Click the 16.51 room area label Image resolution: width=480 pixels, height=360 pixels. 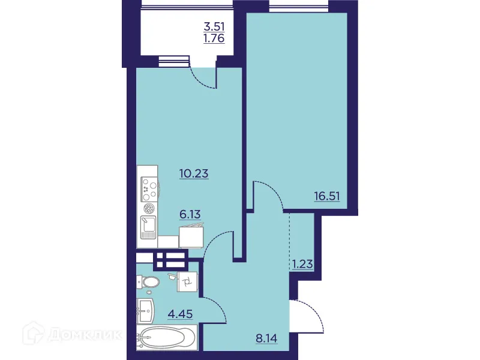(326, 195)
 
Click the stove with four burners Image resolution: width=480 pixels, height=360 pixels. (148, 185)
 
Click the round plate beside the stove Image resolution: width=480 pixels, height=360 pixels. (148, 208)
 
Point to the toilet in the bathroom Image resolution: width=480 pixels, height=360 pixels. (147, 282)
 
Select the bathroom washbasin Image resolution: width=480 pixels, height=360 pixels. (146, 311)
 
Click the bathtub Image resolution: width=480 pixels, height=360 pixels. (166, 340)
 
